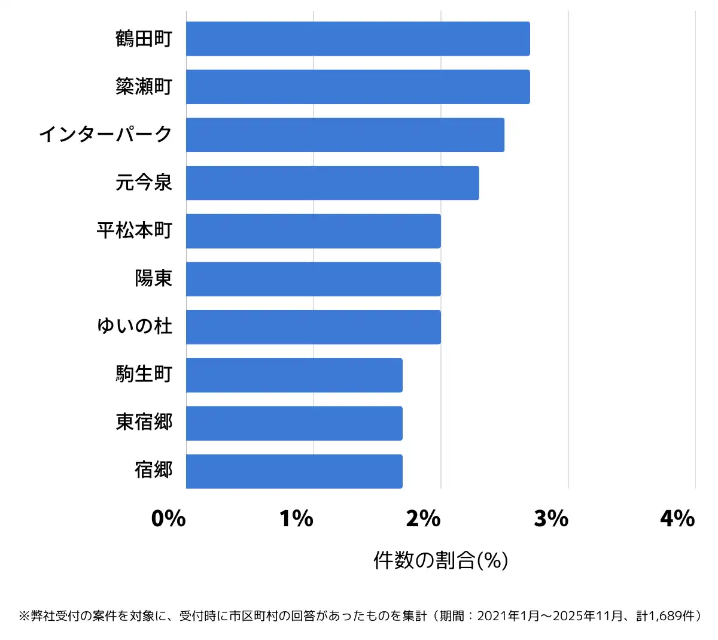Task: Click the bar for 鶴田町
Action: (358, 39)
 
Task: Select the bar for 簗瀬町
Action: (358, 87)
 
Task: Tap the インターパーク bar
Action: (345, 135)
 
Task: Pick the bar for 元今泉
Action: (332, 183)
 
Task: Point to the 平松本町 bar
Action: (313, 231)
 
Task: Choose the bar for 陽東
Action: (313, 279)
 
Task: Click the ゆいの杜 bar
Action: (313, 327)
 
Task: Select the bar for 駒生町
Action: (294, 375)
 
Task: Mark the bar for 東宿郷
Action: (294, 423)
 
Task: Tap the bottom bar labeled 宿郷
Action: (294, 471)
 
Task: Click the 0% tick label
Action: (168, 518)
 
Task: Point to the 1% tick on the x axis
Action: (296, 518)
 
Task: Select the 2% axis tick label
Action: (423, 518)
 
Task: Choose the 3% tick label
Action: (551, 518)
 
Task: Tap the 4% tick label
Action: (677, 518)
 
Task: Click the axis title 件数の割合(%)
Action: (440, 560)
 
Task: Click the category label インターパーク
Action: (105, 135)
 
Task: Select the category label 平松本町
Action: (135, 230)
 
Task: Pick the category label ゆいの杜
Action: (135, 326)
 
